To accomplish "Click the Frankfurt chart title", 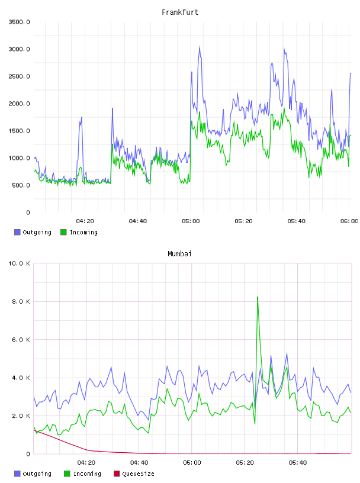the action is (x=180, y=12).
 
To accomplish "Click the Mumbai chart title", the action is (x=179, y=254).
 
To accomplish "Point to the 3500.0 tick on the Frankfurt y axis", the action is (x=19, y=22).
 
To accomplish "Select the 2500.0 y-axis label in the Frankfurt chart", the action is (x=19, y=76).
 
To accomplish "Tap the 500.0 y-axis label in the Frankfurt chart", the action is (x=21, y=185).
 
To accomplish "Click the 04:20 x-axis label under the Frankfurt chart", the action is (x=85, y=221).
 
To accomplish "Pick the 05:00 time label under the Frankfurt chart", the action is (x=191, y=221).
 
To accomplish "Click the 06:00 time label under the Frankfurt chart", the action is (x=349, y=221).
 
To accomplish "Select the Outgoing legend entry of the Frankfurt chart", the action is (x=33, y=232).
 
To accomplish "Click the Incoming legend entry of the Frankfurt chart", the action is (x=79, y=232).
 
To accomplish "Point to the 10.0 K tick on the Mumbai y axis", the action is (x=19, y=263).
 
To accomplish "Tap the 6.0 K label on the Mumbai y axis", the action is (x=21, y=339).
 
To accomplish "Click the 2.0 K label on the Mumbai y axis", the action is (x=21, y=416).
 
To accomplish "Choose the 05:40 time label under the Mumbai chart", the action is (x=298, y=463).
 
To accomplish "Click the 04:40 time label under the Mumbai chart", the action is (x=139, y=463).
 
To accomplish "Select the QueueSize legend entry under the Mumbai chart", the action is (x=134, y=474).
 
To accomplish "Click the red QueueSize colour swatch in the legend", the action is (x=117, y=474).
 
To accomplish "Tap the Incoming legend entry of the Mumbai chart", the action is (x=82, y=474).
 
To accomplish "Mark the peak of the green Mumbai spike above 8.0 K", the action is (x=258, y=297).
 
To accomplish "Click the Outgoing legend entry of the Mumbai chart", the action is (x=33, y=474).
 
